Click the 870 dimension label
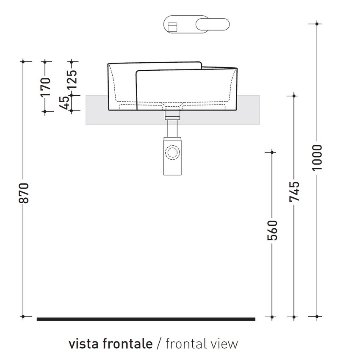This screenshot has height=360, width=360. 25,193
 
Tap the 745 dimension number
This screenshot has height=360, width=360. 294,191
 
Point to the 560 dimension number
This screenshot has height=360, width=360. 273,230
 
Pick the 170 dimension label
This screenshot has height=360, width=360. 46,86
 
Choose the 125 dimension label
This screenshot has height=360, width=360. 72,78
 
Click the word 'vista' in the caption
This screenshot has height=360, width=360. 83,343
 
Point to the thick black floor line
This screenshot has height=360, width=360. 146,319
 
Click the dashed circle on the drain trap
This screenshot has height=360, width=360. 172,152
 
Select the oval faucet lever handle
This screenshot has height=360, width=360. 213,24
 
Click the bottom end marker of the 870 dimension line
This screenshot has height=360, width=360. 24,316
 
